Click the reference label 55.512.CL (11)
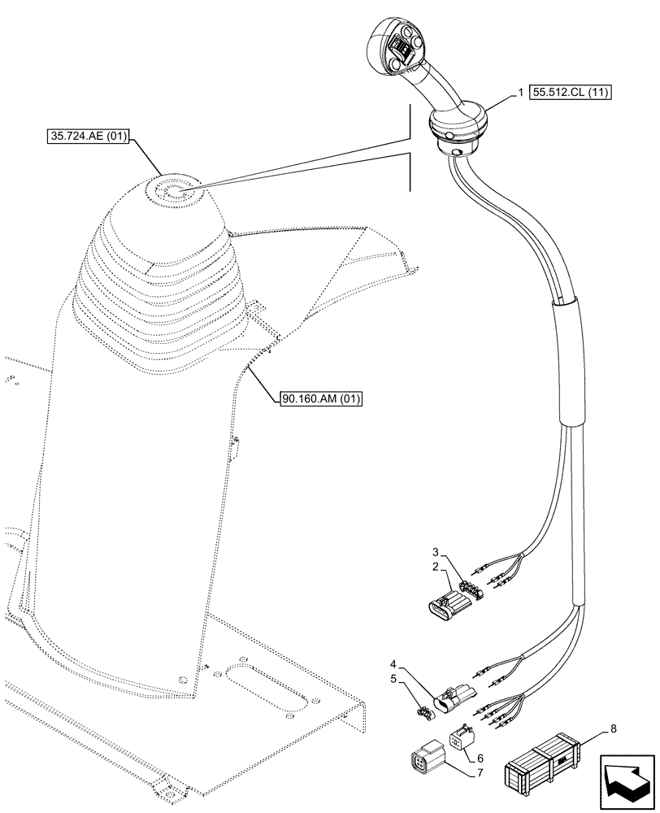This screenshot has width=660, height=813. coord(571,92)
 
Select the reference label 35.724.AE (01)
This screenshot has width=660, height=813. coord(89,137)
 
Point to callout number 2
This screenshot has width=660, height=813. coord(436,566)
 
